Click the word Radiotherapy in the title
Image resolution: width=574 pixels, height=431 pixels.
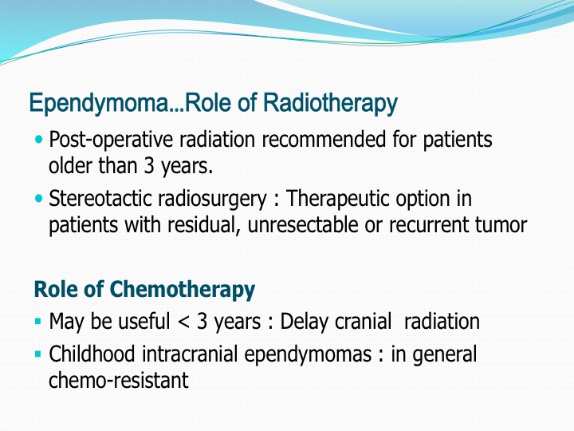click(x=330, y=103)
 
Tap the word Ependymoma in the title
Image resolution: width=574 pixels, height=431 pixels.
click(x=99, y=103)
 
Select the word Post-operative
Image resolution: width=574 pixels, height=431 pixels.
click(x=111, y=140)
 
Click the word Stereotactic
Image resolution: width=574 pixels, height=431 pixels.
click(x=100, y=199)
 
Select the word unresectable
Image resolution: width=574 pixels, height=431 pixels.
click(x=303, y=224)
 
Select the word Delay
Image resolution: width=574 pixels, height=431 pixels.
click(x=305, y=322)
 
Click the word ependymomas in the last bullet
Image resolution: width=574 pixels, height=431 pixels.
click(x=308, y=355)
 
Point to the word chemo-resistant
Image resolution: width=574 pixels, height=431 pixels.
click(x=119, y=380)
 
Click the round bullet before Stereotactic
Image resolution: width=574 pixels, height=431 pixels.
click(x=39, y=199)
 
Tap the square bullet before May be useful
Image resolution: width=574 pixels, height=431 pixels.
click(x=37, y=322)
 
